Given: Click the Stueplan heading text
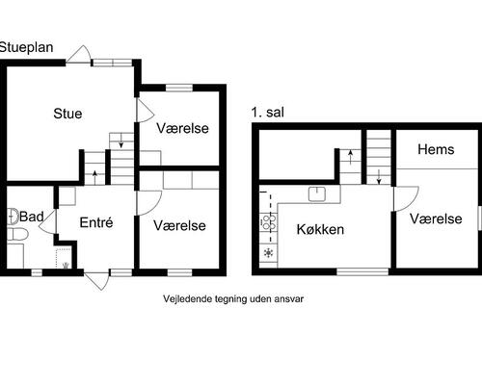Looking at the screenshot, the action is click(26, 47).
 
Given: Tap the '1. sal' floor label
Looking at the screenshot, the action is click(268, 113).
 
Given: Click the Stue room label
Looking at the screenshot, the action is click(67, 114).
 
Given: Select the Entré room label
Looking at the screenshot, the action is click(96, 222).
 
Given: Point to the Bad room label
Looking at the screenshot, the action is click(32, 217).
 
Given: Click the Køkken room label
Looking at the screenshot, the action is click(320, 229).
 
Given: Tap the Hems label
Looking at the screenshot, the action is click(436, 149).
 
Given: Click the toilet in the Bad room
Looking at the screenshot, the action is click(17, 234).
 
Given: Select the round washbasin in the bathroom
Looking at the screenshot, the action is click(13, 216).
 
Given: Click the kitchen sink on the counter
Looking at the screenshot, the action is click(317, 194).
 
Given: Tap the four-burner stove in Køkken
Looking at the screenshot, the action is click(269, 222).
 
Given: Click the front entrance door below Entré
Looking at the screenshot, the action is click(96, 280).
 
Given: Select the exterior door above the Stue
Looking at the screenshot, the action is click(79, 54).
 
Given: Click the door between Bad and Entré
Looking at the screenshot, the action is click(48, 221).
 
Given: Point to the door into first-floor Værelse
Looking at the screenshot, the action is click(406, 199).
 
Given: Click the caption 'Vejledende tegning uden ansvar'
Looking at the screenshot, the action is click(233, 299).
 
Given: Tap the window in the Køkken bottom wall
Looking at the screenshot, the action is click(362, 272).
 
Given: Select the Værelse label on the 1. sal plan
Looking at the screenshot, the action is click(436, 218).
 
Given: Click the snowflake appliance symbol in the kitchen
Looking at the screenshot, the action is click(268, 253).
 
